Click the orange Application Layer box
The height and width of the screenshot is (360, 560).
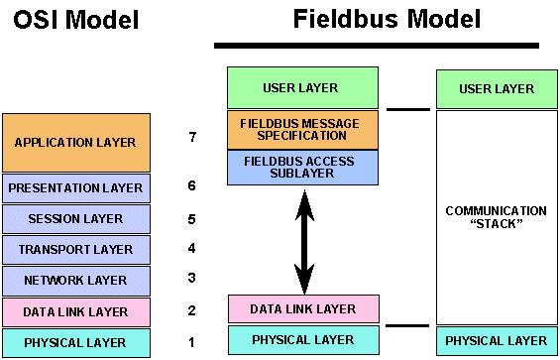[x=76, y=142]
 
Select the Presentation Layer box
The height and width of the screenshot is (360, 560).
[x=76, y=187]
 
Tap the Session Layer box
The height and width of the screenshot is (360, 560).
[x=76, y=219]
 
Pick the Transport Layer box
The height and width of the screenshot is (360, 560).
[x=76, y=250]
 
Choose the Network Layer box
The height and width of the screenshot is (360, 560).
[x=76, y=281]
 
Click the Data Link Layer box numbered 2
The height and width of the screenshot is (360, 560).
[x=76, y=311]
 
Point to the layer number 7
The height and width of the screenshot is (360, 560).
[x=192, y=136]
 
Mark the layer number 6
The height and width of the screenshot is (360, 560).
[x=192, y=186]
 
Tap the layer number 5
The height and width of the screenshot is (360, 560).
[x=192, y=218]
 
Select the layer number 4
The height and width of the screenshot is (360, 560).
[x=192, y=249]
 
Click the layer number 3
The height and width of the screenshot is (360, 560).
[x=192, y=279]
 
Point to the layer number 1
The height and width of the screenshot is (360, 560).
[x=192, y=342]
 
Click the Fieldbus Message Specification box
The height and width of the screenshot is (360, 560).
[x=302, y=129]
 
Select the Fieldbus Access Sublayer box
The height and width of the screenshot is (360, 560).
[x=302, y=168]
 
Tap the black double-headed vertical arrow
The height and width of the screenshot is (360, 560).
[x=301, y=238]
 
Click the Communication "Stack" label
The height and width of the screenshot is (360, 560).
[x=497, y=217]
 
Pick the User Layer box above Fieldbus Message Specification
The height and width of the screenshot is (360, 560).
[x=302, y=87]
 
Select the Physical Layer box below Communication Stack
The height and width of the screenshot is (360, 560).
[x=497, y=340]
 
